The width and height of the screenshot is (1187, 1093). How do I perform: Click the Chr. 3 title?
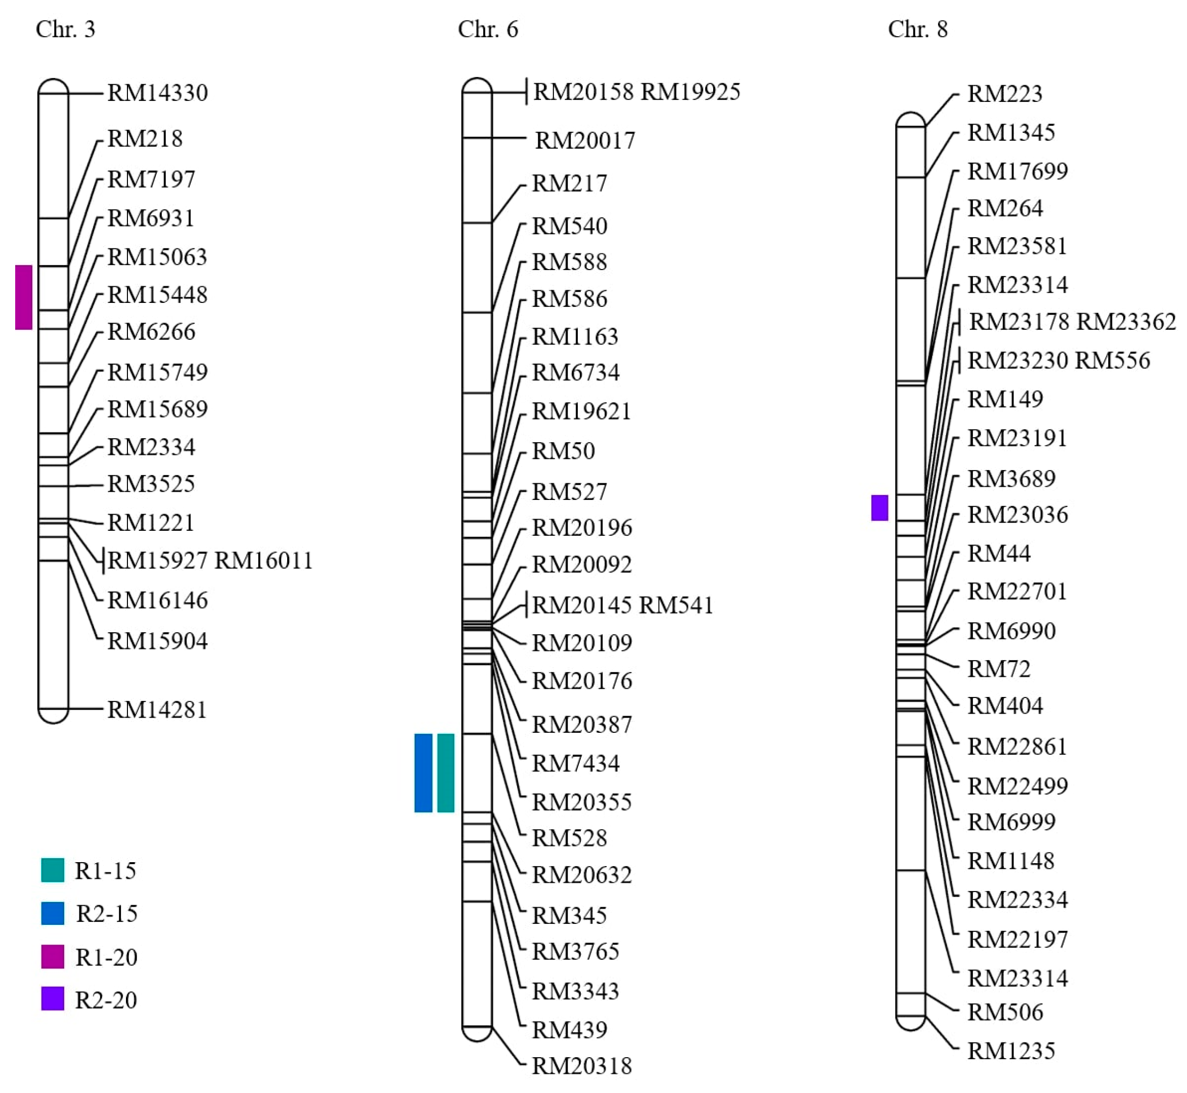[65, 29]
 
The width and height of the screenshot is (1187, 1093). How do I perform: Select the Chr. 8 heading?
[917, 29]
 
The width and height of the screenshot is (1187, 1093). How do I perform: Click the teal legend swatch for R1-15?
[52, 870]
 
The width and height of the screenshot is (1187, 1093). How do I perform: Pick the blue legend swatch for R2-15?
[52, 913]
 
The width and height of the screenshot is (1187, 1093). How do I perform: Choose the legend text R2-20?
[106, 1000]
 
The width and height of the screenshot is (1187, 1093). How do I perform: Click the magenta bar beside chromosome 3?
[24, 297]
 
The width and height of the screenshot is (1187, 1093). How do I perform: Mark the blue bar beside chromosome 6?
[423, 772]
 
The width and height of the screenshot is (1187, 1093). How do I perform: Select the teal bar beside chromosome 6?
[445, 772]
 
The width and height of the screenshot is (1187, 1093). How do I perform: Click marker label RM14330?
[157, 93]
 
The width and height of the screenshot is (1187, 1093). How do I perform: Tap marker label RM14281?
[157, 710]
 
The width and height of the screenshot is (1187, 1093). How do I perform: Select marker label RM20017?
[585, 141]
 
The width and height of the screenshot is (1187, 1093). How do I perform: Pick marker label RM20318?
[582, 1066]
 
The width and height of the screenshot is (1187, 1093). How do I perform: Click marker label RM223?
[1004, 94]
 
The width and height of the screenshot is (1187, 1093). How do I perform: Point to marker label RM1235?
[1011, 1051]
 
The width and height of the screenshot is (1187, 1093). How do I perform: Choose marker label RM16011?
[263, 561]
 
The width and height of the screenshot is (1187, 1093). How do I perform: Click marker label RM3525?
[151, 484]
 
